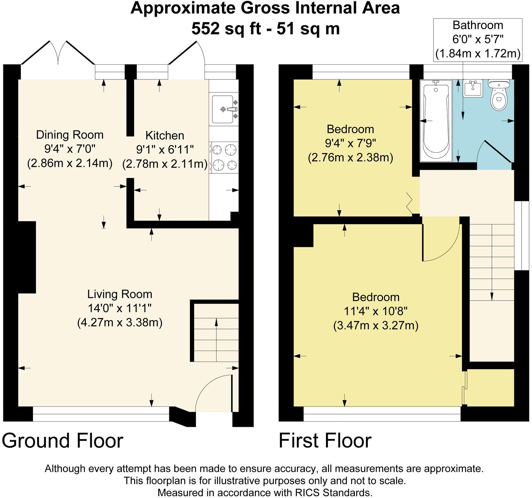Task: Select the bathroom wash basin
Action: (474, 88)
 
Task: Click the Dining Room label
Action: (70, 135)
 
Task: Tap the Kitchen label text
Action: (165, 135)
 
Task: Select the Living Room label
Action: (120, 294)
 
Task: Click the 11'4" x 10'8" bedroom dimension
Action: (376, 311)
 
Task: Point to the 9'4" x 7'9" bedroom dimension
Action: (351, 143)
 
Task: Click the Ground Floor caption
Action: (62, 441)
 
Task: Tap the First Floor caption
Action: (325, 441)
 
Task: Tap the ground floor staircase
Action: (216, 331)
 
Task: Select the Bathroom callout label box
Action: (478, 40)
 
